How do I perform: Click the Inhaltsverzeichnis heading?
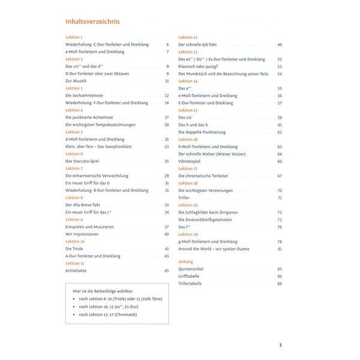[92, 22]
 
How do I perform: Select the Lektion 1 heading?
[74, 37]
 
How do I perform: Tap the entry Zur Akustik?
[76, 81]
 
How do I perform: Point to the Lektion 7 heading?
[74, 169]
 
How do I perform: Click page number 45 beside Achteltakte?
[166, 271]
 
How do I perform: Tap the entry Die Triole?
[75, 248]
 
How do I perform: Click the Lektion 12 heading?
[188, 37]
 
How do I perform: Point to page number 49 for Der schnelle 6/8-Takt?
[280, 45]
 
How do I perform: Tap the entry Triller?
[184, 197]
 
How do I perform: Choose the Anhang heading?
[186, 262]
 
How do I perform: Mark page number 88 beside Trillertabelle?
[280, 283]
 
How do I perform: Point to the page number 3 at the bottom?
[280, 345]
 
